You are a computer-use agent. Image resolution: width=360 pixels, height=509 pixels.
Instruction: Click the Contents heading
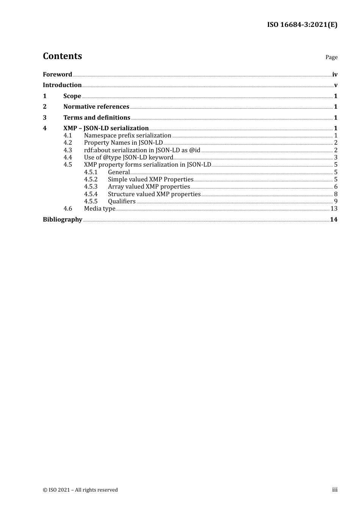(x=62, y=56)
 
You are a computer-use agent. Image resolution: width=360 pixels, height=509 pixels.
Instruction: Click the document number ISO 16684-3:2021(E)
(x=302, y=25)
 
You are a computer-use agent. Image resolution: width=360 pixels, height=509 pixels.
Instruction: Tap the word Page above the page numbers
(x=331, y=57)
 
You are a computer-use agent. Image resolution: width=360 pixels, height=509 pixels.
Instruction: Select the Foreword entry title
(x=57, y=74)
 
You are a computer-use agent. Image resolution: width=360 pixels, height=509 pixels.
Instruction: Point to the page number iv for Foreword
(x=335, y=75)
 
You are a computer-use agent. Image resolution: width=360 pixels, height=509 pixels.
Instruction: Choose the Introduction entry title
(x=62, y=85)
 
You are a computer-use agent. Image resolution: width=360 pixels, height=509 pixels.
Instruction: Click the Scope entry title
(x=72, y=96)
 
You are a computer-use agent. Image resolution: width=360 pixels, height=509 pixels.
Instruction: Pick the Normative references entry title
(x=96, y=106)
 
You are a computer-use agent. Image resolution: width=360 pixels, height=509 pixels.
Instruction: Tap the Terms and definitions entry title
(x=97, y=117)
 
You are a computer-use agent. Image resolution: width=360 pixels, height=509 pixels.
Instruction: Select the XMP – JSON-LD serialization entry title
(x=106, y=128)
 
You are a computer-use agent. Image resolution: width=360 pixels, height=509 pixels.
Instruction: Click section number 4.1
(x=67, y=135)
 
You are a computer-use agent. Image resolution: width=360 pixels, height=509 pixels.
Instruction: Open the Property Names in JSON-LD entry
(x=123, y=143)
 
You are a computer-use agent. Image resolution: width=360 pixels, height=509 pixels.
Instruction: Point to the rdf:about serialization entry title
(x=142, y=150)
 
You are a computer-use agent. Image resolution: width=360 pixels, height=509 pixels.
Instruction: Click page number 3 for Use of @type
(x=336, y=158)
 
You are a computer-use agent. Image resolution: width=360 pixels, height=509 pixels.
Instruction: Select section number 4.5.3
(x=91, y=187)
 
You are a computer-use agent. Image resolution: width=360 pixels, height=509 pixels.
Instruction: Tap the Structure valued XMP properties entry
(x=154, y=194)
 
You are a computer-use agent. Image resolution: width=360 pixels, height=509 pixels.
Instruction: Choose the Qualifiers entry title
(x=122, y=201)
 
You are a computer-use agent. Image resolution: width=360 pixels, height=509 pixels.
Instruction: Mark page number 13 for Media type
(x=334, y=209)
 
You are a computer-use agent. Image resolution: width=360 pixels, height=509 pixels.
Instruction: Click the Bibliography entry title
(x=63, y=219)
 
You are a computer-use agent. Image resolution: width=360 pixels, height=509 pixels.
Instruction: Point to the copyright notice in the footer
(x=80, y=490)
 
